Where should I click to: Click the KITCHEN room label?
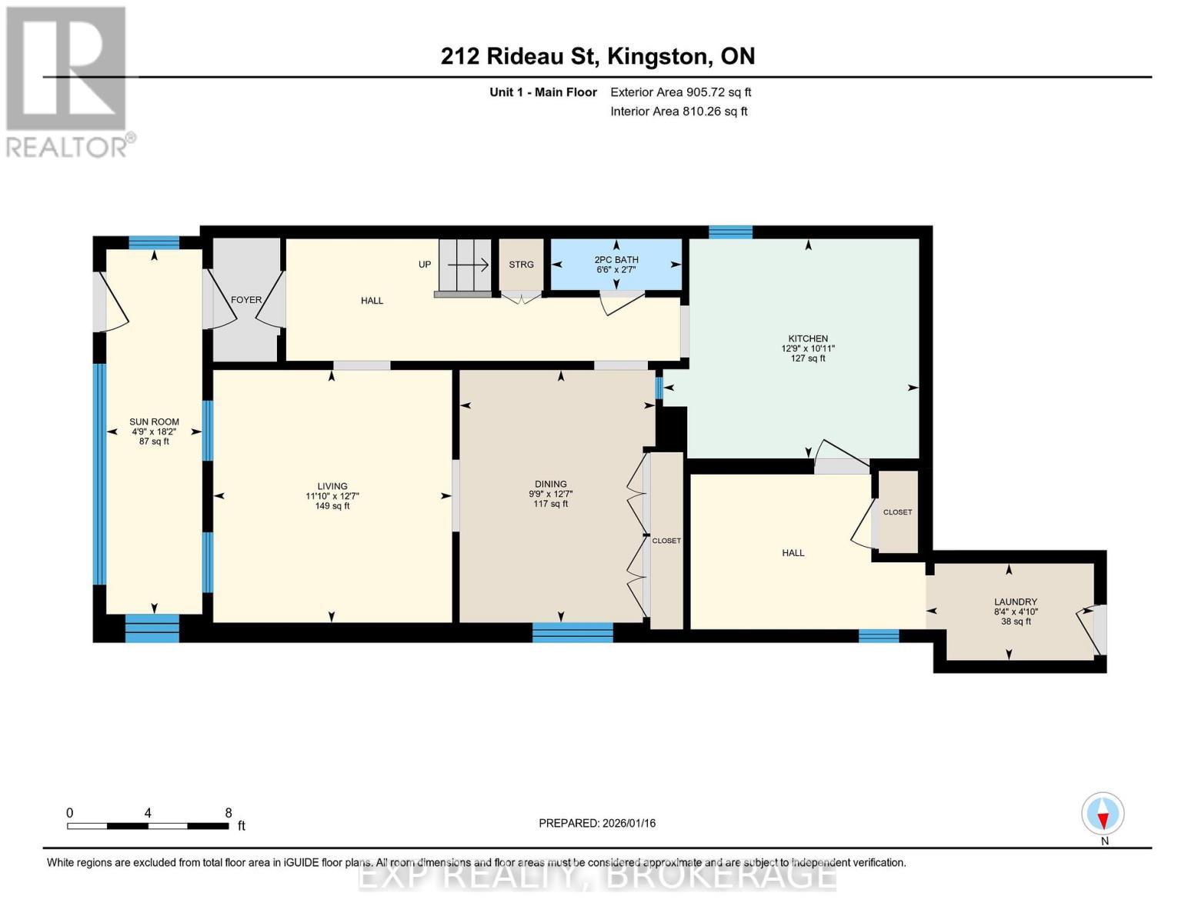pyautogui.click(x=807, y=338)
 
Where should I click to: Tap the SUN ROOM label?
pyautogui.click(x=154, y=422)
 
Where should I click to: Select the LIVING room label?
pyautogui.click(x=332, y=486)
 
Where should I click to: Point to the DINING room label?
pyautogui.click(x=550, y=485)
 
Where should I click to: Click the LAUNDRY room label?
pyautogui.click(x=1015, y=601)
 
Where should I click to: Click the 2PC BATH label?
pyautogui.click(x=616, y=260)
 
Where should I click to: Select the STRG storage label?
pyautogui.click(x=521, y=265)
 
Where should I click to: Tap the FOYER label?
pyautogui.click(x=246, y=300)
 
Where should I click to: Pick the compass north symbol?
pyautogui.click(x=1103, y=814)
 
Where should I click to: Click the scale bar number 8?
pyautogui.click(x=229, y=813)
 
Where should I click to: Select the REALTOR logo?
pyautogui.click(x=68, y=81)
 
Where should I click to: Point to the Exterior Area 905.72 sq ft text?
pyautogui.click(x=680, y=92)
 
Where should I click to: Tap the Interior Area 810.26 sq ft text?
pyautogui.click(x=679, y=112)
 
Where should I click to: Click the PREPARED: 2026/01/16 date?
pyautogui.click(x=597, y=823)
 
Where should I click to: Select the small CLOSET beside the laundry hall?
pyautogui.click(x=897, y=512)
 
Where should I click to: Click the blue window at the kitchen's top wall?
pyautogui.click(x=730, y=232)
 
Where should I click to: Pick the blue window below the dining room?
pyautogui.click(x=572, y=633)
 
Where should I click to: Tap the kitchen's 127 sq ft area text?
pyautogui.click(x=807, y=358)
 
